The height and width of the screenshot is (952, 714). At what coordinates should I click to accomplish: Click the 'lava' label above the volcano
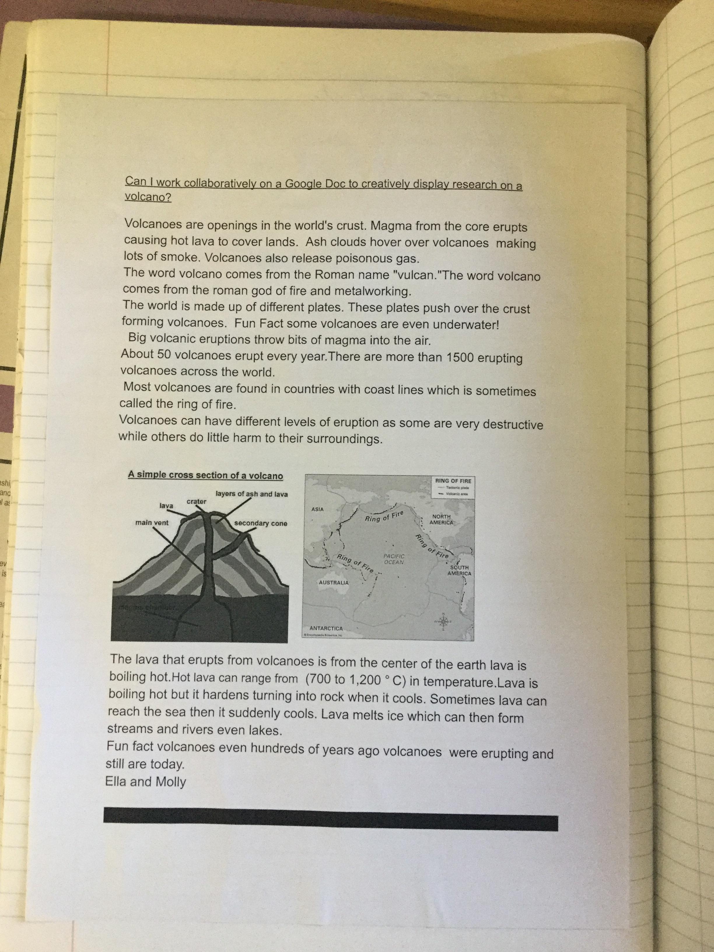tap(166, 506)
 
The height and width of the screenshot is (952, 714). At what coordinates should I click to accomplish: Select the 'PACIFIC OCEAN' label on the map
tap(393, 559)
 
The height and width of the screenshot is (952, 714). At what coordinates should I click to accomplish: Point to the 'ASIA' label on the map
tap(317, 509)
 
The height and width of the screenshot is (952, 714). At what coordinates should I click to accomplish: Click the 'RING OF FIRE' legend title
tap(453, 481)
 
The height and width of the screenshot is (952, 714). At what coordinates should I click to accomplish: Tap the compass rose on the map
tap(443, 621)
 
